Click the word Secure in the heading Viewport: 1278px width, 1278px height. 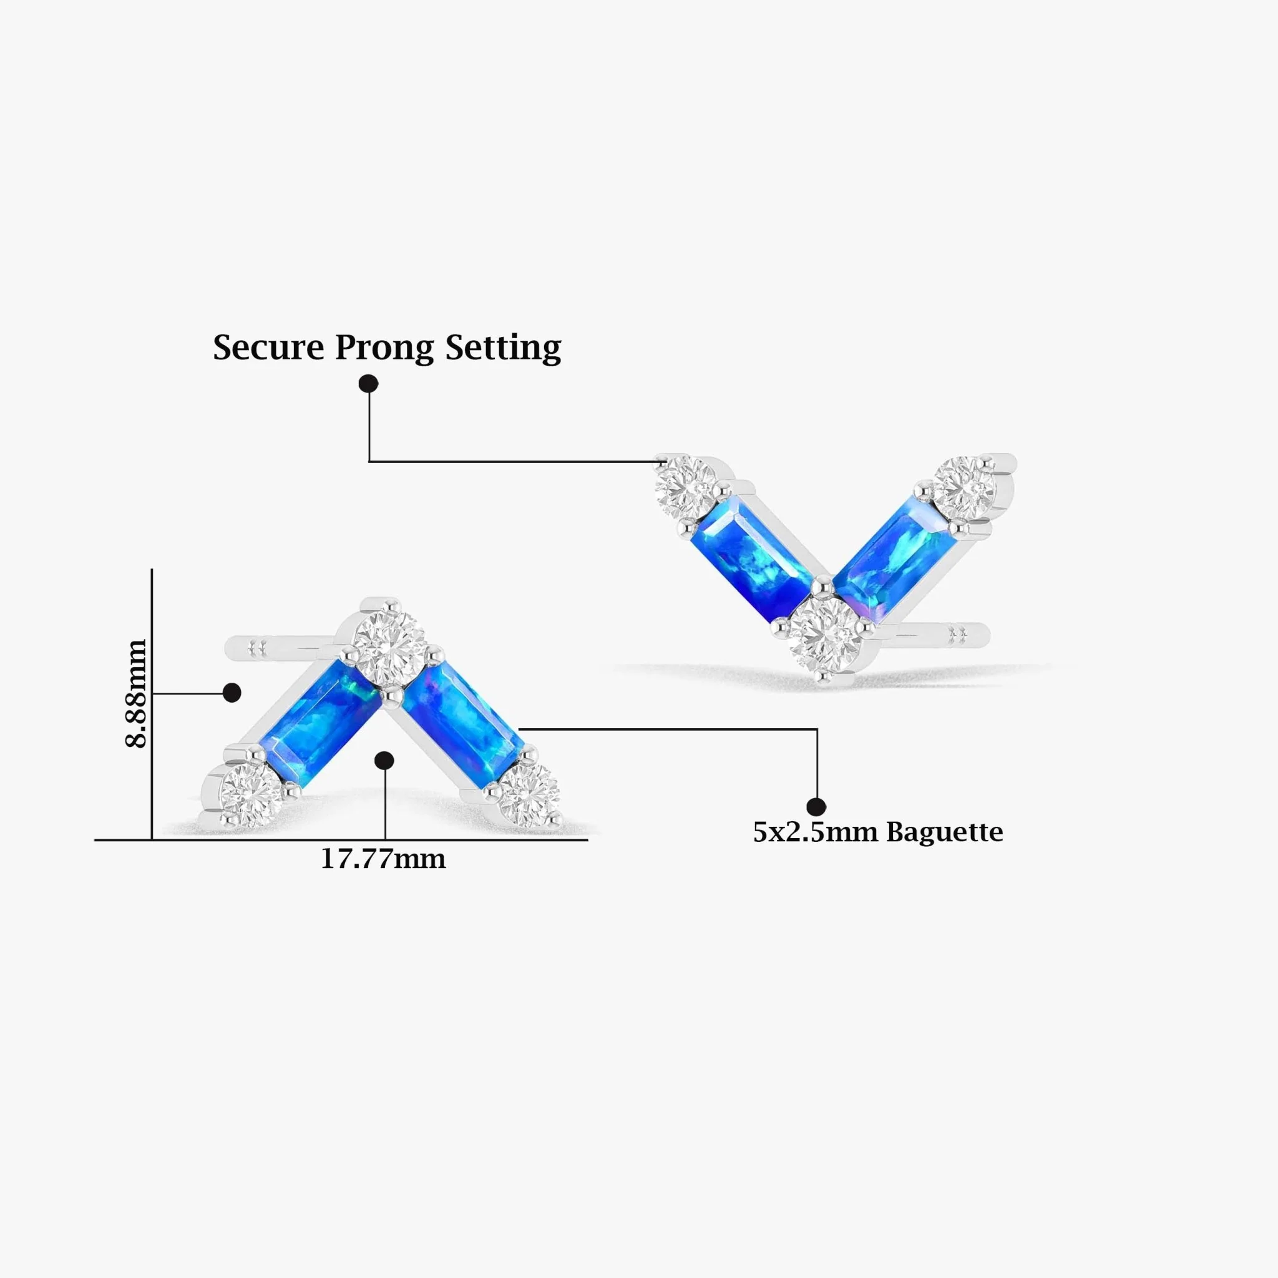[268, 348]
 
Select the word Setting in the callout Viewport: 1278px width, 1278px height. [503, 349]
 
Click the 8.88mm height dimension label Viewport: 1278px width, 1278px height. [136, 693]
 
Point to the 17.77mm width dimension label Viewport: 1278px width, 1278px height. [383, 859]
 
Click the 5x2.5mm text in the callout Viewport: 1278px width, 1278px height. [817, 832]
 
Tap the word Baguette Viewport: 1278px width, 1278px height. [945, 832]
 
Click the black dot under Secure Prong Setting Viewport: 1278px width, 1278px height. [368, 384]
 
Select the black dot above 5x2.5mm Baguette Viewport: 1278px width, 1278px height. [816, 806]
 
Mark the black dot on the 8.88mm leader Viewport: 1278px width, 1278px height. [232, 693]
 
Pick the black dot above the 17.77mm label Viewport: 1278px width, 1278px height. [384, 761]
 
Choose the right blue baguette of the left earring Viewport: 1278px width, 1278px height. [462, 724]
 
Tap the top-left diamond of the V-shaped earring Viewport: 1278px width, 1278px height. [686, 489]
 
